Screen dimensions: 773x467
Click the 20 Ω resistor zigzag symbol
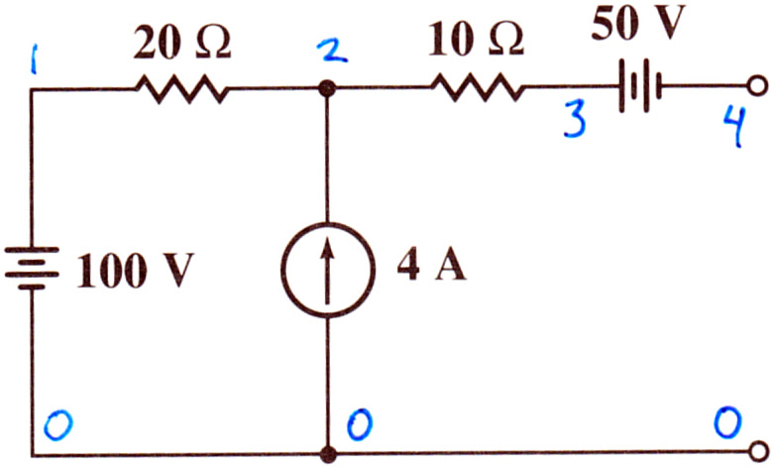182,89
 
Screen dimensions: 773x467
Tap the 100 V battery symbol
32,269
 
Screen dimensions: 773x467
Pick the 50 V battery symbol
639,86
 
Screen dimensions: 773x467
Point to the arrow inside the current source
327,273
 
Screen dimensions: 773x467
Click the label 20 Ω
182,46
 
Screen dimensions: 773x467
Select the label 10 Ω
477,41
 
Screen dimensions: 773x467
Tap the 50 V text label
638,24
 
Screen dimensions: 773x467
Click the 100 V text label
135,271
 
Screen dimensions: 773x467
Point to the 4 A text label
431,268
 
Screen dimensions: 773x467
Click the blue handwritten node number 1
33,58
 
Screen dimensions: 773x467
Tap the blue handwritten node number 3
576,118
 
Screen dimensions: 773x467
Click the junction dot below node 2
327,89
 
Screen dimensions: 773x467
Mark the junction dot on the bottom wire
328,454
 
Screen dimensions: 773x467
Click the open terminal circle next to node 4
758,86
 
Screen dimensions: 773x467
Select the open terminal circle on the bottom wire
758,451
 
